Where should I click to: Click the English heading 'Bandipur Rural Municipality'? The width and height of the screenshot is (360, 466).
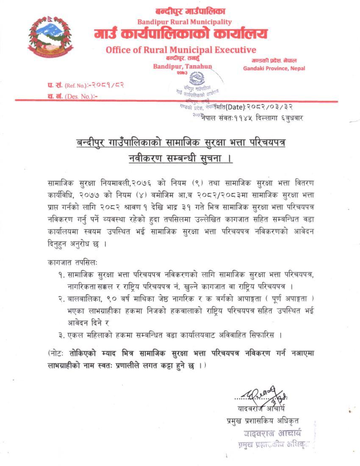[184, 22]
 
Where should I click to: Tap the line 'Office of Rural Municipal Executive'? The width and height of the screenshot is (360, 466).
[181, 50]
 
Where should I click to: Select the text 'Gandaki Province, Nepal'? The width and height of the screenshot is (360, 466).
[274, 68]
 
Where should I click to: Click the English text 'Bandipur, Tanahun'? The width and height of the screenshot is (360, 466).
[183, 66]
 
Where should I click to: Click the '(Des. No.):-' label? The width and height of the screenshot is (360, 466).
[81, 96]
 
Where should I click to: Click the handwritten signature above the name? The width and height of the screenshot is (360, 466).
[263, 395]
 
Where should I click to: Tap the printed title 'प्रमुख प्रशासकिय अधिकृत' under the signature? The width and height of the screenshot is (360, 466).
[263, 421]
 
